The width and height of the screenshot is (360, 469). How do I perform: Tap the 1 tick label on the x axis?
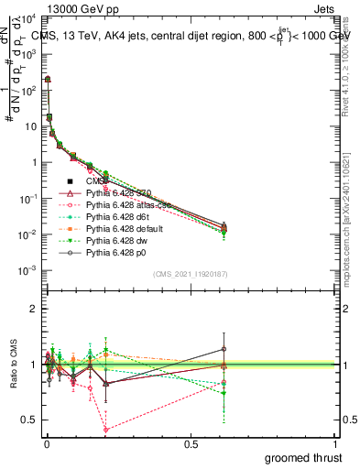(x=337, y=444)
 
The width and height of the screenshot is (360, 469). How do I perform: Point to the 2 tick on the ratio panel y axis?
(x=33, y=309)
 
